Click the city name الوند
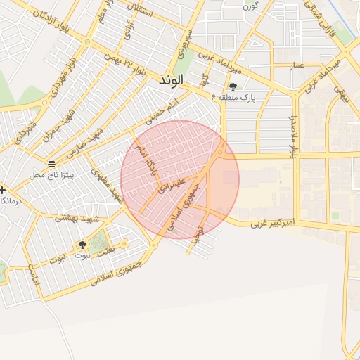click(171, 79)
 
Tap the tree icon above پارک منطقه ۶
click(233, 87)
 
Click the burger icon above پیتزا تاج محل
click(51, 163)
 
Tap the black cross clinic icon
click(4, 190)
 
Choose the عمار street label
click(298, 66)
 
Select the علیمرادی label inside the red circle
click(172, 185)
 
